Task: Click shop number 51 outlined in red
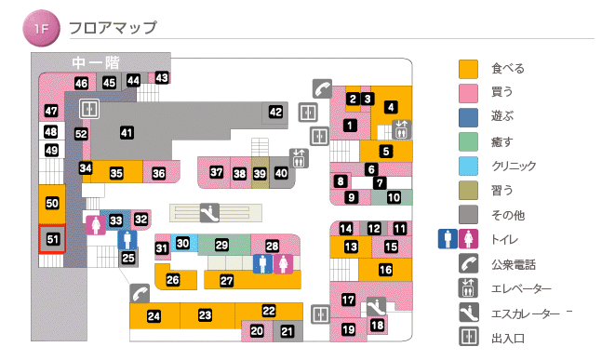click(53, 240)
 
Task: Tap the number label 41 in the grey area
click(127, 132)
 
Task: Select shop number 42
click(275, 112)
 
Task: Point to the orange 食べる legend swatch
click(468, 68)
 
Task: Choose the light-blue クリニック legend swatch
click(468, 167)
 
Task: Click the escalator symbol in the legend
click(468, 313)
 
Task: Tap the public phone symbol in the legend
click(468, 264)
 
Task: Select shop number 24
click(154, 317)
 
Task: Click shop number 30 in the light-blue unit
click(183, 244)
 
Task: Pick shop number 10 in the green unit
click(394, 197)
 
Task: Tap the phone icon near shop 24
click(140, 294)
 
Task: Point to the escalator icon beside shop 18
click(376, 305)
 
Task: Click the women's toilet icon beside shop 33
click(95, 224)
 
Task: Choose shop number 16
click(385, 271)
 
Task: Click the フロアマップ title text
click(113, 29)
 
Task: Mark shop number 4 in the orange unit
click(391, 107)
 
